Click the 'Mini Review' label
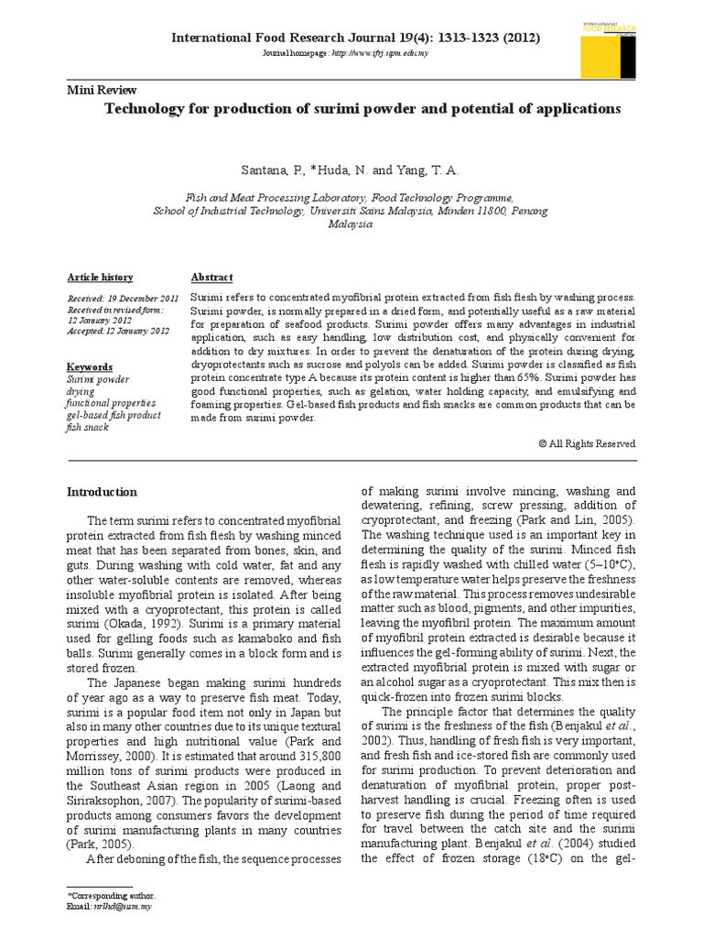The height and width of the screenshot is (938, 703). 103,90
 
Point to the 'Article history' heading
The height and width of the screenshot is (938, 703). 101,278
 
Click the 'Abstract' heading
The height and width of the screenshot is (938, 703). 211,278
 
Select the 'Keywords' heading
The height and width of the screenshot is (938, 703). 91,366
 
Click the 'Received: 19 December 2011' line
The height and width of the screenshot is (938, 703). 124,300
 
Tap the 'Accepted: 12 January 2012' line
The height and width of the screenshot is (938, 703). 119,331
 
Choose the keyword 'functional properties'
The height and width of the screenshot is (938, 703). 111,403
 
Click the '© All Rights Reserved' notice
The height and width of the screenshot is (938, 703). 587,443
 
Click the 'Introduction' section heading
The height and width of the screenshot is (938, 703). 103,492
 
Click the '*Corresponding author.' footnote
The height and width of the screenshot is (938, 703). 112,894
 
